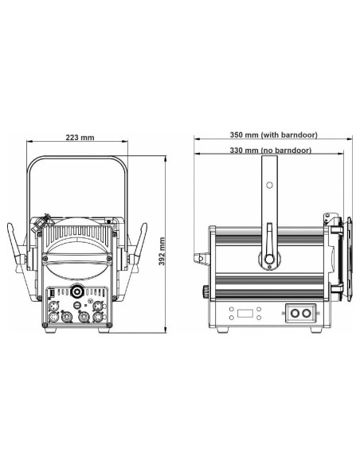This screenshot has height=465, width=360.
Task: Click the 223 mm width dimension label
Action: coord(80,138)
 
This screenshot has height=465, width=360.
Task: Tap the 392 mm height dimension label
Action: coord(162,251)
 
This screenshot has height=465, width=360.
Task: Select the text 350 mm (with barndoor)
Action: coord(273,135)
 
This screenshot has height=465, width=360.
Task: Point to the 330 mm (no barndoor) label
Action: coord(271,150)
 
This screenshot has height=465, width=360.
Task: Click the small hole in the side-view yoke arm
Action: coord(269,186)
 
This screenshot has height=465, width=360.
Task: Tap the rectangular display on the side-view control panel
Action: coord(245,313)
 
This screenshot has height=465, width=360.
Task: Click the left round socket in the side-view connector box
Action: coord(295,313)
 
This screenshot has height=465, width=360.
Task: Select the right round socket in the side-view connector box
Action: coord(307,313)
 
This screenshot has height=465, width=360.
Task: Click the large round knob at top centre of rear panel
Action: coord(77,291)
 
